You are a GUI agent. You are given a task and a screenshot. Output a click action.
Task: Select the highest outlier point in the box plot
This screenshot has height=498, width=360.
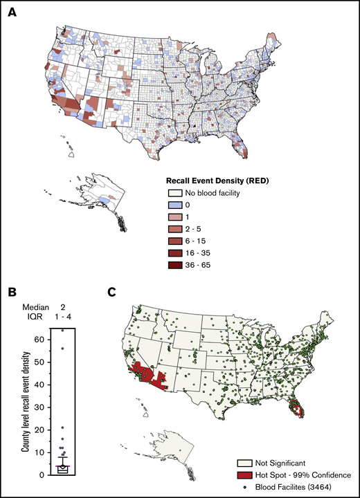click(62, 331)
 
